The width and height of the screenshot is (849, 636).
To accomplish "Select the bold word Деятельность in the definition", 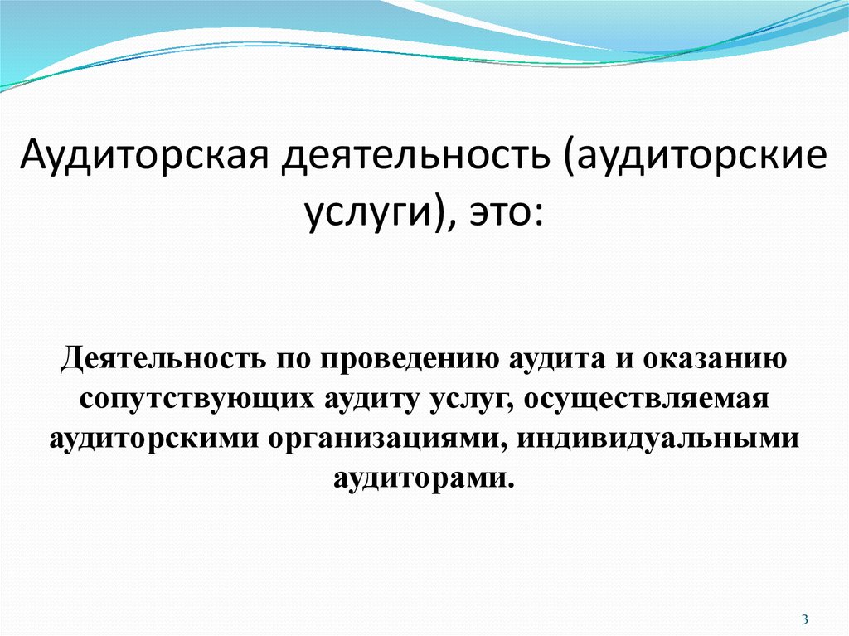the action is click(x=163, y=359).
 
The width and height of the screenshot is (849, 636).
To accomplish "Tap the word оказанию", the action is click(x=716, y=360).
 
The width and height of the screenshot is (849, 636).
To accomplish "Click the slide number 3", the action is click(x=804, y=619).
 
